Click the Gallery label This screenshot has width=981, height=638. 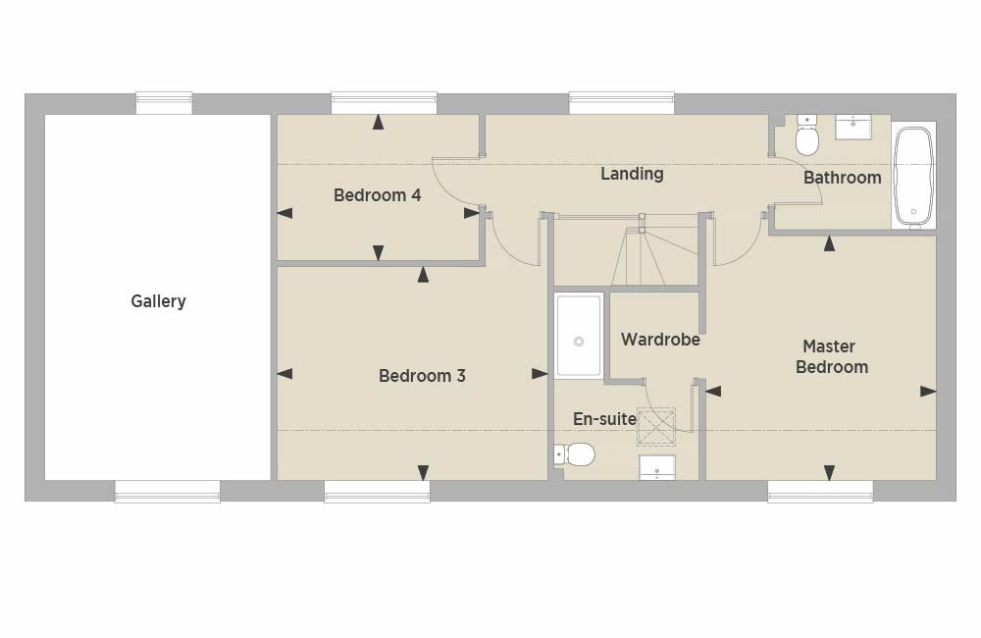coord(158,301)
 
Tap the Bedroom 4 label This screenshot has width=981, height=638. coord(378,195)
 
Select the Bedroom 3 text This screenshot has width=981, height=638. coord(422,376)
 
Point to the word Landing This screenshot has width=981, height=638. coord(632,174)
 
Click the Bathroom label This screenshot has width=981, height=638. coord(842,178)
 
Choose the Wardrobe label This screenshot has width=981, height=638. coord(660,340)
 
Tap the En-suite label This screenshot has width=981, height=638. coord(604,419)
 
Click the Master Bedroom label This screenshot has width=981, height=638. coord(832,356)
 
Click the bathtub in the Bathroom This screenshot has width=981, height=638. coord(913,176)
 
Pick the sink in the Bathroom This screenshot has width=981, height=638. coord(853,127)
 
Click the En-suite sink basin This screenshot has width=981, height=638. coord(657,467)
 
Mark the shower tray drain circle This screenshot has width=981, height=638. coord(579,342)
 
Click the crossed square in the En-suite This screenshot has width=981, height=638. coord(656,427)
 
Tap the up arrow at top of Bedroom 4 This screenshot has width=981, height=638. coord(378,122)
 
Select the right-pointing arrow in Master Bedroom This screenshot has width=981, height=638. coord(928,392)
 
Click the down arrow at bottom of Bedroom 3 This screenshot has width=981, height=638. coord(423,472)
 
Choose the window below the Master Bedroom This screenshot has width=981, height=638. coord(820,492)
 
